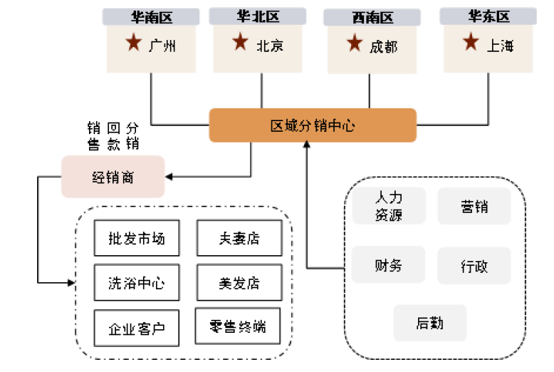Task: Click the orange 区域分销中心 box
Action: (x=312, y=126)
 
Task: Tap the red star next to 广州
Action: (x=133, y=43)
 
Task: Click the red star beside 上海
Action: (x=470, y=43)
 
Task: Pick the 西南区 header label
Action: (x=369, y=16)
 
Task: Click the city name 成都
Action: (x=383, y=46)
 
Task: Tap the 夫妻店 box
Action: (x=239, y=238)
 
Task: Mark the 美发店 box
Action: (x=239, y=283)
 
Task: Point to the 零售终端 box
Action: (x=238, y=327)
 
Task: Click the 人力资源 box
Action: (x=389, y=206)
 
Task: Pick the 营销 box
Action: (x=474, y=206)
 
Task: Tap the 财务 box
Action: (x=389, y=265)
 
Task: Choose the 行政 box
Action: (x=474, y=267)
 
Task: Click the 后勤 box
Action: (x=429, y=323)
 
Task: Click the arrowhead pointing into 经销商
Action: (x=169, y=177)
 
